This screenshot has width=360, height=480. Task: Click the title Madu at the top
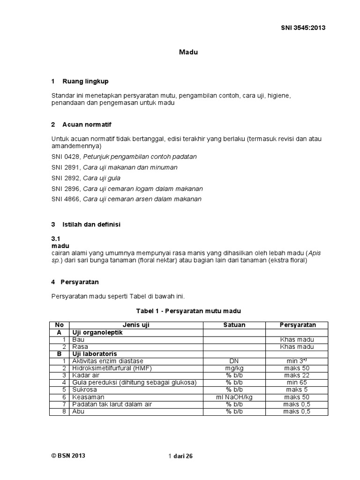click(x=188, y=52)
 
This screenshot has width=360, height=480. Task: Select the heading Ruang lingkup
click(x=85, y=82)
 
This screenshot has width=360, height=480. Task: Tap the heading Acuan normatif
click(x=87, y=125)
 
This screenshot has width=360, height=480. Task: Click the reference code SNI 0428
click(x=65, y=157)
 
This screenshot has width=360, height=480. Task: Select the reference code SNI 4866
click(x=65, y=199)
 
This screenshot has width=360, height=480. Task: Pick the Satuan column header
click(x=234, y=325)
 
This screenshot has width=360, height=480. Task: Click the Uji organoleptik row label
click(x=97, y=332)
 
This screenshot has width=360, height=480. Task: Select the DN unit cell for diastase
click(x=234, y=361)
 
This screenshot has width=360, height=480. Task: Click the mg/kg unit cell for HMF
click(x=234, y=368)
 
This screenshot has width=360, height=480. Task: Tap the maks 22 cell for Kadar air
click(x=297, y=375)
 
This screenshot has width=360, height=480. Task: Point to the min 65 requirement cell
click(x=297, y=383)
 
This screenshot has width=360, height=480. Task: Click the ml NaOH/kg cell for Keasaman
click(x=234, y=397)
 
